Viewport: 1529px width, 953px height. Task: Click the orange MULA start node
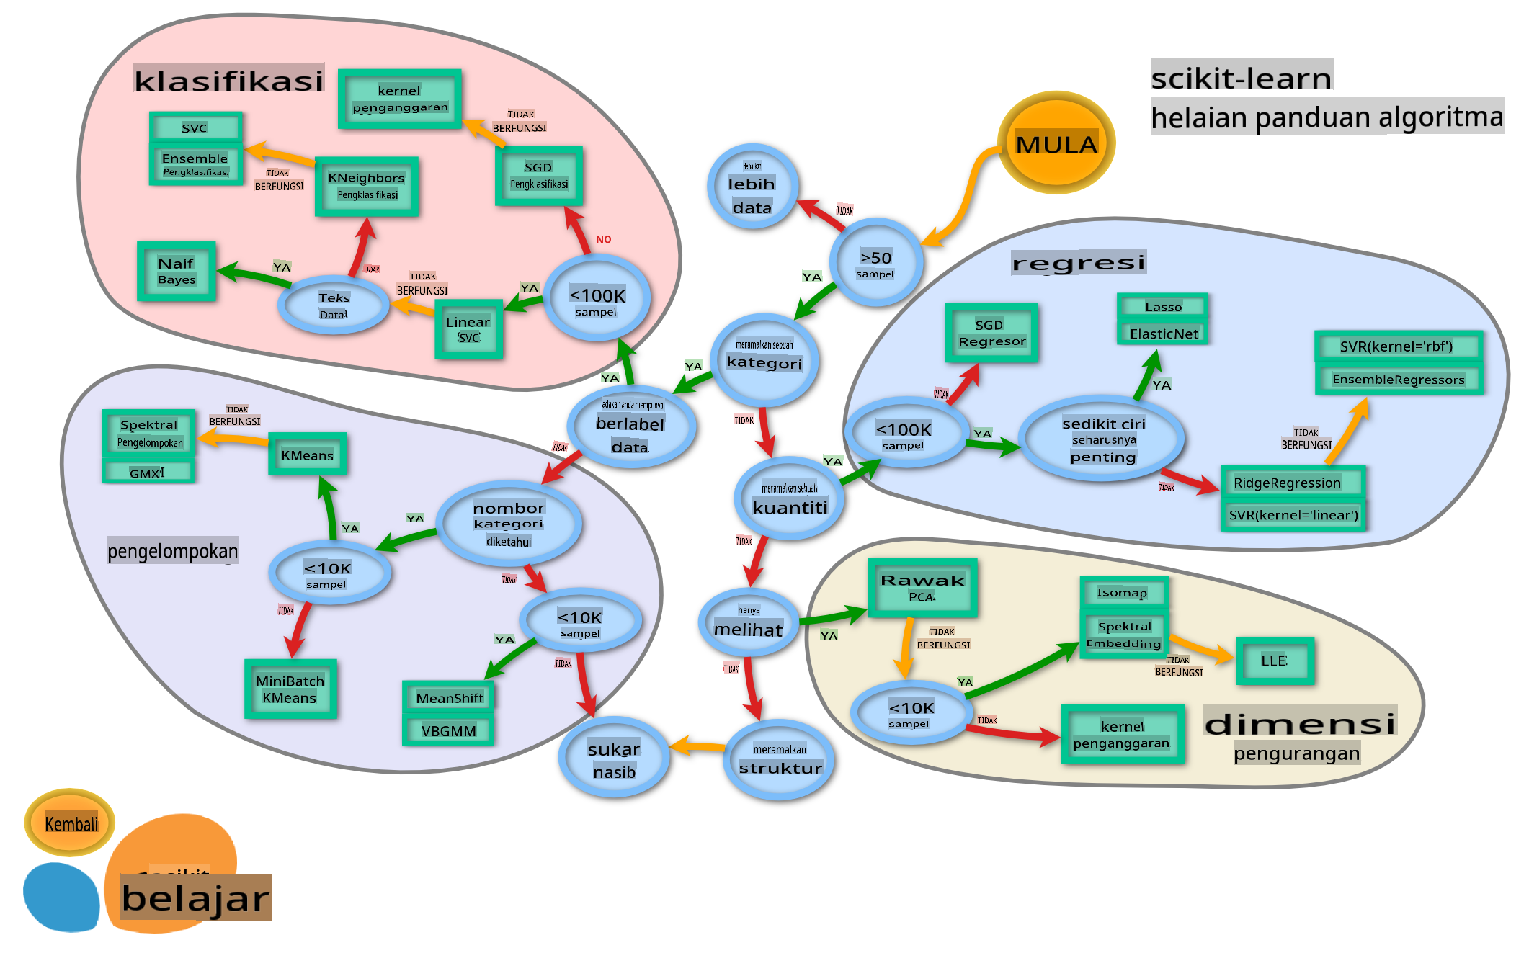(1056, 143)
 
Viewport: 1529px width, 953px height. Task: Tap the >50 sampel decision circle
(875, 263)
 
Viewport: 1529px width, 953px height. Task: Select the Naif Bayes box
(177, 272)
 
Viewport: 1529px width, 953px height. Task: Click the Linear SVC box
(468, 329)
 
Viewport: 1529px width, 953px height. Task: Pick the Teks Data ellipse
(334, 305)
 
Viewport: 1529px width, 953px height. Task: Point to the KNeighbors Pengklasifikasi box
(367, 187)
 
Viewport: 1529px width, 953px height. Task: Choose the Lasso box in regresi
(1163, 307)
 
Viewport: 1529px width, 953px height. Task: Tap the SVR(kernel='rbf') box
(1398, 346)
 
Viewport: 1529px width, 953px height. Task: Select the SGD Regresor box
(991, 333)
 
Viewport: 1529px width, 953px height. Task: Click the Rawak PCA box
(922, 588)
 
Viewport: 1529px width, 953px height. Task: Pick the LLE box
(1275, 661)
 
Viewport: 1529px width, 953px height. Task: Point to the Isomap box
(1123, 593)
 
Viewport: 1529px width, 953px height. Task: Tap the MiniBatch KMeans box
(290, 689)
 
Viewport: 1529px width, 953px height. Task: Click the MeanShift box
(449, 697)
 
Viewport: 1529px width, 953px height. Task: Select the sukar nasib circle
(614, 759)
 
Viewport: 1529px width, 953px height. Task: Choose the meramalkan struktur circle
(780, 760)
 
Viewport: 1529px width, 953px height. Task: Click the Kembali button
(70, 823)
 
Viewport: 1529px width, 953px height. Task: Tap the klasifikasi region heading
(228, 80)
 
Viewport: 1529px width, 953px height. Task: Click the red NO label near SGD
(604, 239)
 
